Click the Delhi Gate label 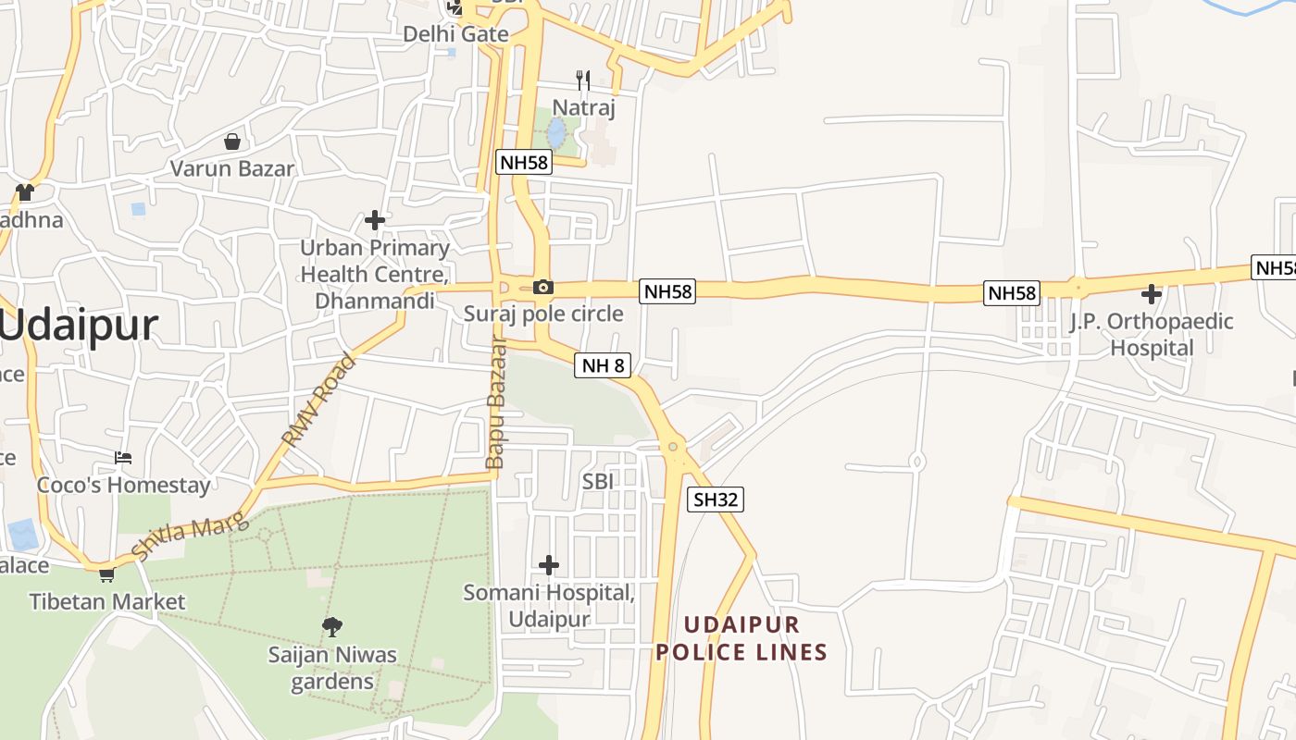click(455, 34)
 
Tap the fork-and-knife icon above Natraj click(582, 80)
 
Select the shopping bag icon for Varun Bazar click(231, 142)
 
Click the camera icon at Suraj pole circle click(543, 288)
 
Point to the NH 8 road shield click(603, 365)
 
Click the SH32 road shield click(717, 499)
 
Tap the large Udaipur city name click(80, 326)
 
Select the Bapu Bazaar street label click(496, 403)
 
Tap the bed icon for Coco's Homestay click(123, 458)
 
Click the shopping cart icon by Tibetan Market click(107, 575)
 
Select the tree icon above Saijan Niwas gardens click(332, 627)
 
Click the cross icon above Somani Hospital click(549, 564)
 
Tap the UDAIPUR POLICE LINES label click(741, 637)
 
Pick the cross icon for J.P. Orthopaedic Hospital click(1152, 294)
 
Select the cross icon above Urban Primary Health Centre click(375, 220)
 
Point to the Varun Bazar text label click(232, 168)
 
